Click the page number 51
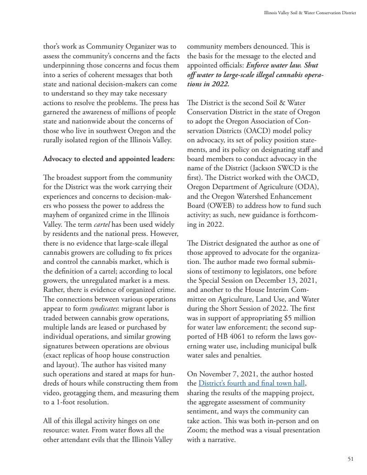pos(350,458)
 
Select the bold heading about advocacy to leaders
pos(108,159)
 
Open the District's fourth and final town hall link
pos(252,383)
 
